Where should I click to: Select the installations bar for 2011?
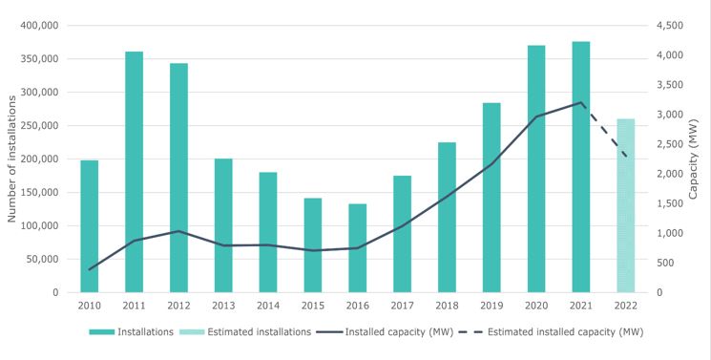134,172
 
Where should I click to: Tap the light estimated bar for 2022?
625,205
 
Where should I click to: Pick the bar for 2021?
580,166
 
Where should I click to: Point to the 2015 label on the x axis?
313,306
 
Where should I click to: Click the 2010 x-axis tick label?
90,306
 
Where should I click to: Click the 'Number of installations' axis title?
12,159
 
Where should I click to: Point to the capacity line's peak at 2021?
580,102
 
